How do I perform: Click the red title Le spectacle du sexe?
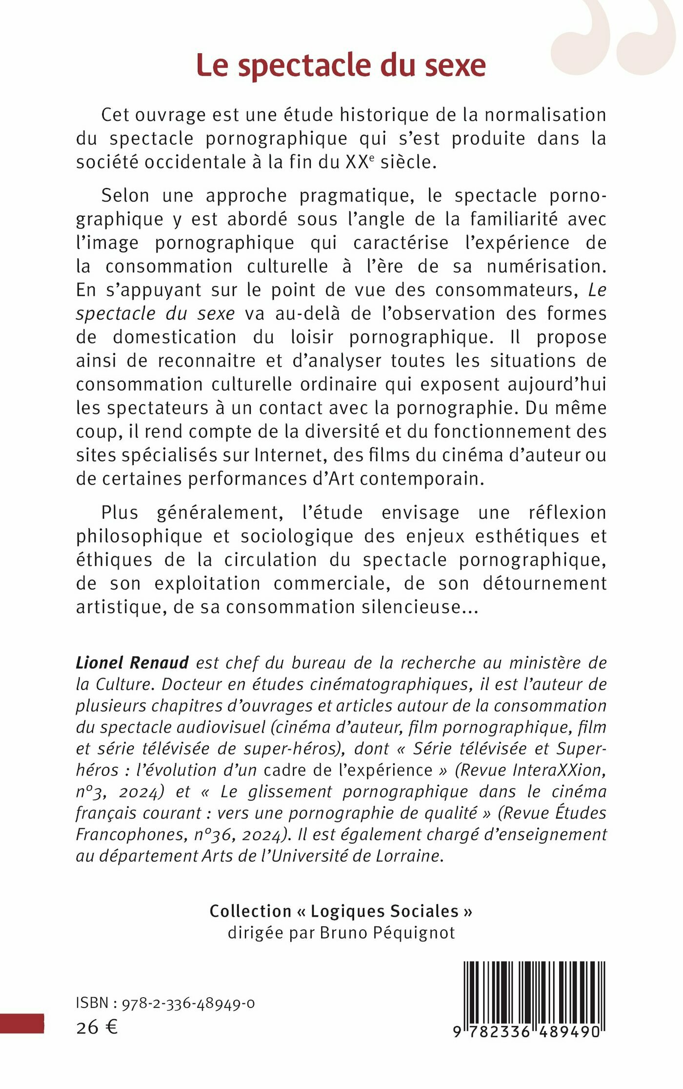click(x=341, y=65)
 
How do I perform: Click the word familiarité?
click(x=513, y=219)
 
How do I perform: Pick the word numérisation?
click(x=546, y=267)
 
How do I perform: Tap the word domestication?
click(x=174, y=337)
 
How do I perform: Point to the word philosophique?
click(x=139, y=536)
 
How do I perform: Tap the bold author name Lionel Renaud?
click(x=132, y=663)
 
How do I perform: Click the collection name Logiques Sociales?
click(x=384, y=911)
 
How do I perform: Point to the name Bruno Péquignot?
click(x=387, y=933)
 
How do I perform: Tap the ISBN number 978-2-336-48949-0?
click(x=188, y=1003)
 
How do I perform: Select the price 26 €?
click(x=97, y=1027)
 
